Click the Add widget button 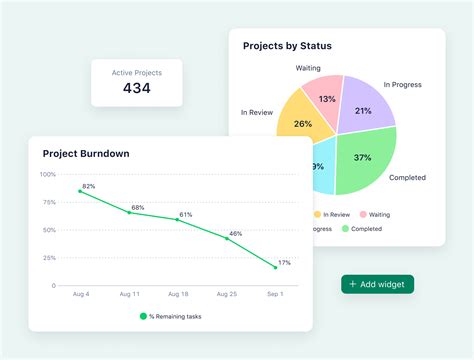(x=377, y=284)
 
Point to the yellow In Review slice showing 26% (x=301, y=124)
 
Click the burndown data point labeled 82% (x=81, y=191)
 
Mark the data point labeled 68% (x=129, y=212)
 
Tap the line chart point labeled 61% (x=178, y=220)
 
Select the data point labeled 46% (x=227, y=239)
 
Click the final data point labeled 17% (x=275, y=267)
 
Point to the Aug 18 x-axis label (x=178, y=295)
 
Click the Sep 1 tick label (x=275, y=295)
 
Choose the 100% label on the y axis (x=48, y=174)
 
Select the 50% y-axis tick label (x=49, y=230)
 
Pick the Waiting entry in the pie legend (x=375, y=213)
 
